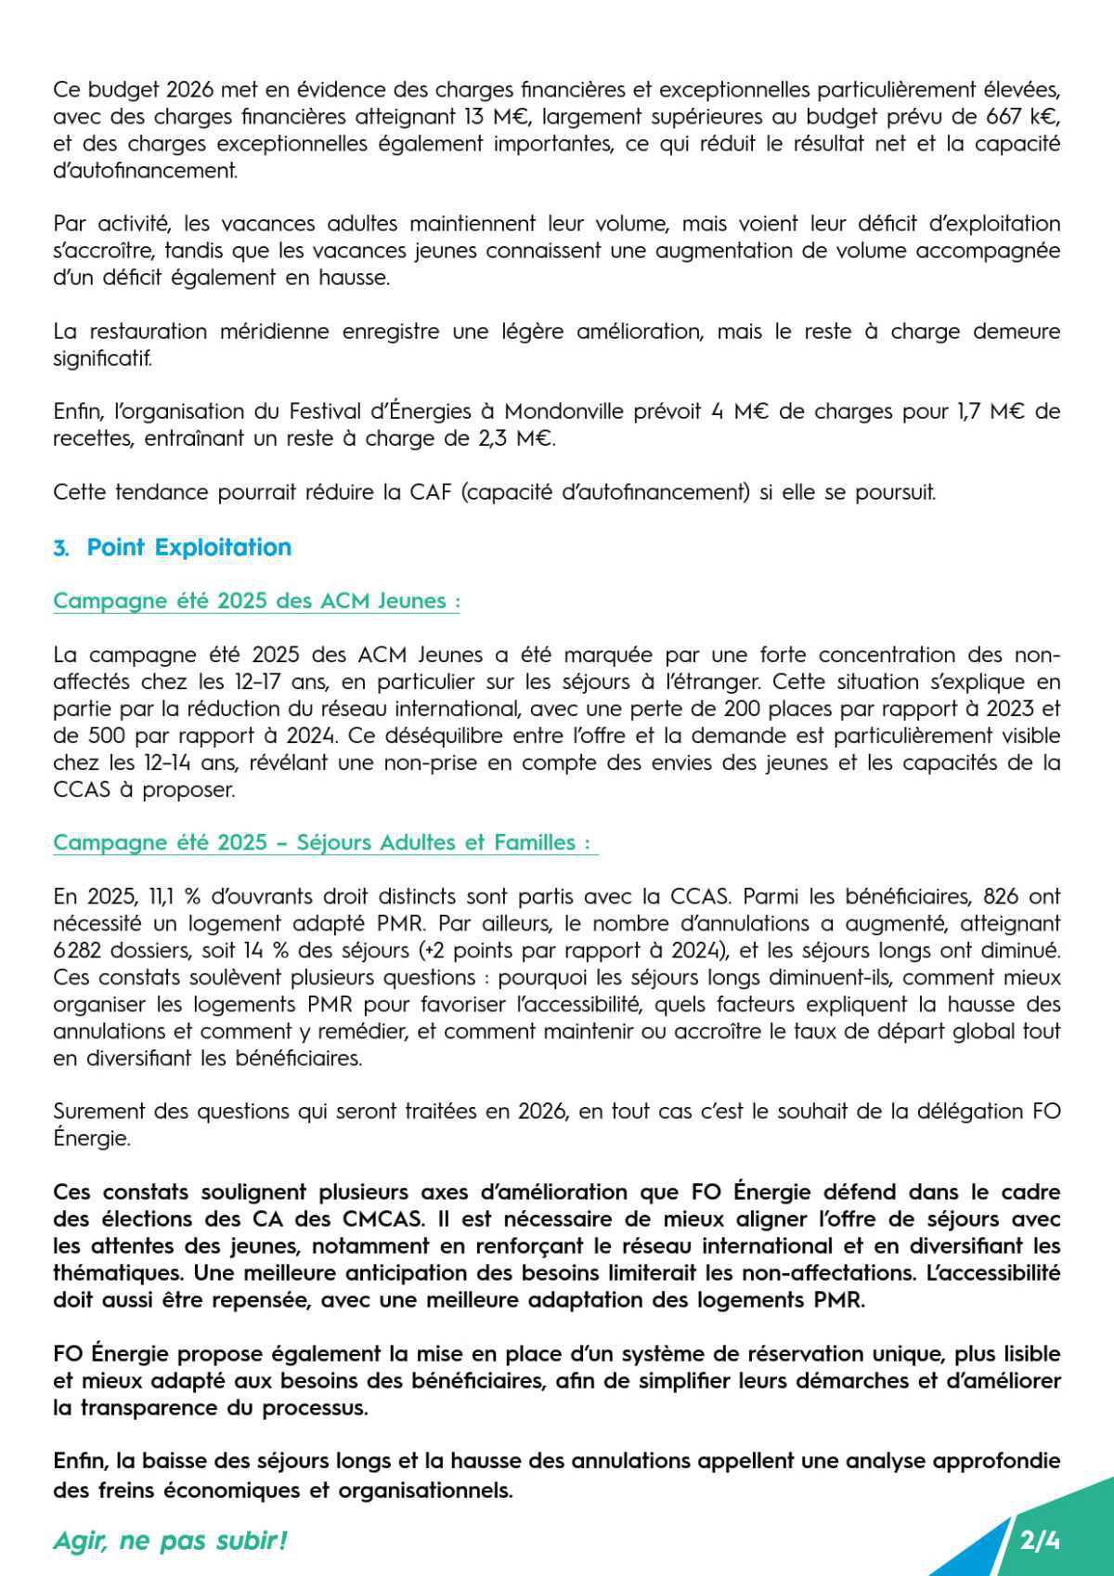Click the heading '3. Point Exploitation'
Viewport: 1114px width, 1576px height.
coord(173,547)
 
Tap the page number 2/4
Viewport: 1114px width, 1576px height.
coord(1039,1540)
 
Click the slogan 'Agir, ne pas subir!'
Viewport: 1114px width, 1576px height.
coord(170,1540)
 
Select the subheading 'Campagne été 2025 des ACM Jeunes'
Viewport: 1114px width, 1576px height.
coord(256,601)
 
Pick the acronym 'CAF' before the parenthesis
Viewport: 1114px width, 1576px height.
coord(430,492)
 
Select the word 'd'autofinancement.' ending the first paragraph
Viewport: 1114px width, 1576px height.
coord(145,171)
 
